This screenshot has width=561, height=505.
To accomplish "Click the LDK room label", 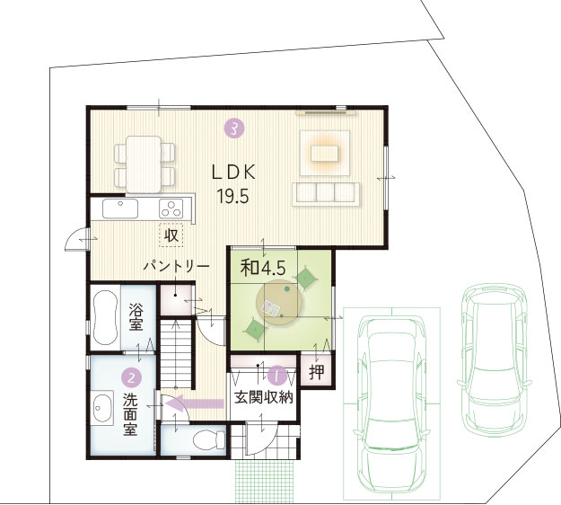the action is (x=233, y=173).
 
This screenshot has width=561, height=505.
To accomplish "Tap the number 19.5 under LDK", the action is (x=232, y=196).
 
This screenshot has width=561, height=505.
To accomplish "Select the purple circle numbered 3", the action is (x=233, y=128).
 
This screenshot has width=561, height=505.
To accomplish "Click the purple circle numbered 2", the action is (x=132, y=377).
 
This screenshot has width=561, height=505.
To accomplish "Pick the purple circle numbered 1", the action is (x=277, y=375).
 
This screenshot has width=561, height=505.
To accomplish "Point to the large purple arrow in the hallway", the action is (x=195, y=403).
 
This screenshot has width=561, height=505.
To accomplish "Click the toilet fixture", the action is (x=209, y=439).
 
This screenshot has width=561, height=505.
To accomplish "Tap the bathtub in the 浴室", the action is (x=105, y=317).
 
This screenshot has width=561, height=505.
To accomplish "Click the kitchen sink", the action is (x=120, y=208).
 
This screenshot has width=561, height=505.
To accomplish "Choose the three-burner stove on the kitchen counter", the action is (x=171, y=208).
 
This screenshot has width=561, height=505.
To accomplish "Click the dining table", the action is (x=144, y=164).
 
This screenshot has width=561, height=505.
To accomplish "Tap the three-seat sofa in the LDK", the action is (x=326, y=194).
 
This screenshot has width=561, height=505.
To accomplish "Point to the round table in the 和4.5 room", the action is (x=280, y=302).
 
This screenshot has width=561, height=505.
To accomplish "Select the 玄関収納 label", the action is (x=264, y=397).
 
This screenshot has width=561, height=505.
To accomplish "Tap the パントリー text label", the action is (x=177, y=267).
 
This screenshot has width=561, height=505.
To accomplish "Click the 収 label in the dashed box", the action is (x=171, y=235).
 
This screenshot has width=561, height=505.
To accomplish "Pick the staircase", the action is (x=175, y=354).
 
